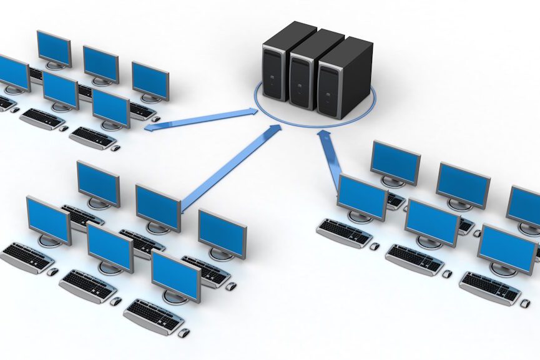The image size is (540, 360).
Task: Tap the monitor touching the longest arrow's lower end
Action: click(x=157, y=207)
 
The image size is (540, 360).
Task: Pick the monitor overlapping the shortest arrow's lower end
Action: click(x=361, y=197)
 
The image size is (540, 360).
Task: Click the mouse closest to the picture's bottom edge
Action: click(x=183, y=333)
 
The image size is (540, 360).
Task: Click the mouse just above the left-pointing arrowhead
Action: click(x=155, y=119)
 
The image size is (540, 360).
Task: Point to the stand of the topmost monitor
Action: click(x=55, y=65)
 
